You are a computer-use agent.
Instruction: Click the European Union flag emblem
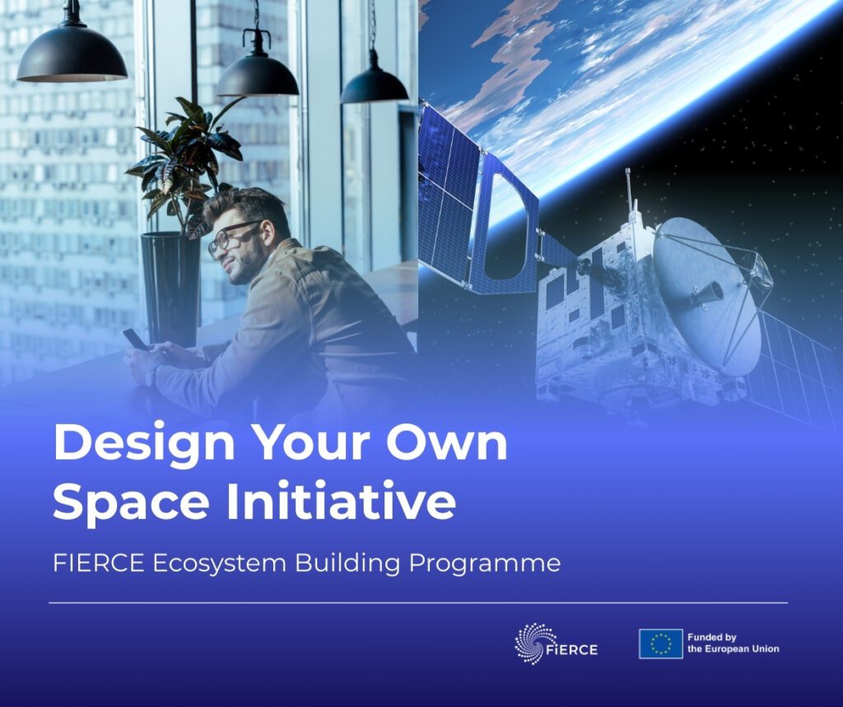[x=660, y=644]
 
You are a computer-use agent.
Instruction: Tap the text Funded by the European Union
[x=733, y=644]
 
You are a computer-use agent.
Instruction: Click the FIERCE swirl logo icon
[x=534, y=643]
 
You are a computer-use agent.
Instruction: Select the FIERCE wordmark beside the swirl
[x=573, y=649]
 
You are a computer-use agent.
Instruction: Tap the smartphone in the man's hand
[x=135, y=339]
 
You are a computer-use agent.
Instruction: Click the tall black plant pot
[x=170, y=288]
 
